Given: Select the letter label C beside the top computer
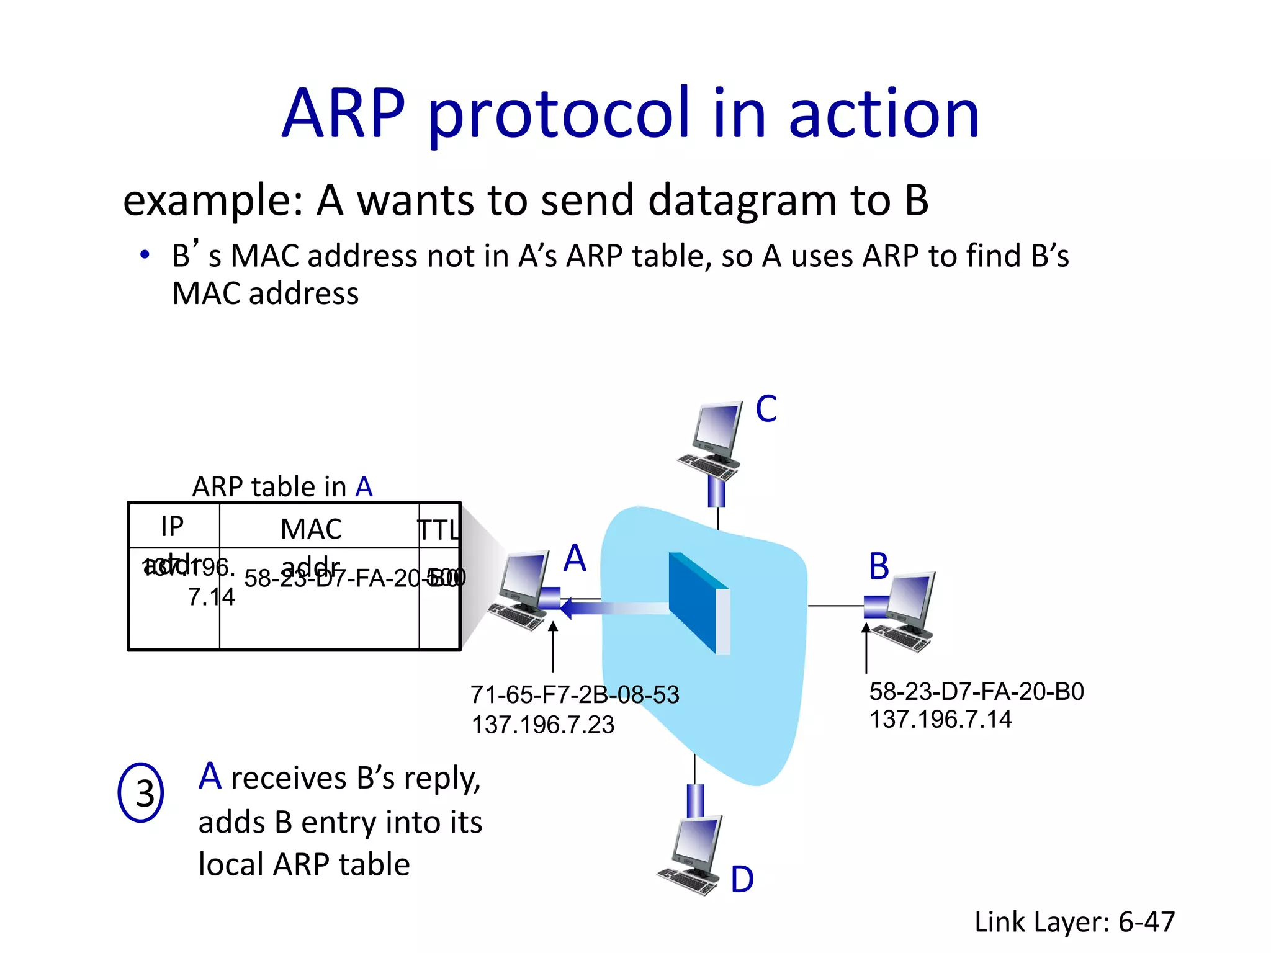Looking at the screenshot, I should pos(766,409).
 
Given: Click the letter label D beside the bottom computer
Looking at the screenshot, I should pos(742,880).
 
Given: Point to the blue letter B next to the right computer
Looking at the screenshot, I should pos(879,566).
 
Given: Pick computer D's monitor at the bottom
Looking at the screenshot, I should pos(698,842).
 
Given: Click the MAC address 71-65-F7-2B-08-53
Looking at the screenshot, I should pos(575,695).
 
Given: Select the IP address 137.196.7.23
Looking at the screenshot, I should pos(543,725).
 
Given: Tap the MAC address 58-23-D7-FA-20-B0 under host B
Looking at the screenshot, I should pos(976,692).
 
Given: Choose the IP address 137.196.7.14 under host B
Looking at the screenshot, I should pos(940,720).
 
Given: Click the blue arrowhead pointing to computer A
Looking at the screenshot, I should pos(567,608).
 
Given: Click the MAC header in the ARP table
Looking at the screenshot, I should pos(311,529).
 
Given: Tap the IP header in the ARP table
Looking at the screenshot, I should pos(172,527).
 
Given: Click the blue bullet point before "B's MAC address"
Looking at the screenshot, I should pos(145,255).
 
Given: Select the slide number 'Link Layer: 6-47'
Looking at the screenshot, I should pos(1074,922).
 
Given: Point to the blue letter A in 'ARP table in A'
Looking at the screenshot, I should pos(364,487).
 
